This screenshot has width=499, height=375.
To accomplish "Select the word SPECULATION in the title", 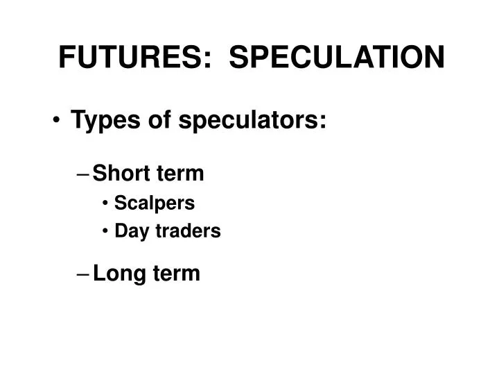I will coord(337,57).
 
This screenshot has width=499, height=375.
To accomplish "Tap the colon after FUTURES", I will coord(207,58).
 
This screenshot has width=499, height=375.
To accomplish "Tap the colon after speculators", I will coord(322,123).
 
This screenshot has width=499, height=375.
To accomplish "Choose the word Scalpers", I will coord(155,203).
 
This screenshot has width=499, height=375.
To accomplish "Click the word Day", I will coord(128,231).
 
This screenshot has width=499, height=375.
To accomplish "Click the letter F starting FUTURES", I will coord(66,57).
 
